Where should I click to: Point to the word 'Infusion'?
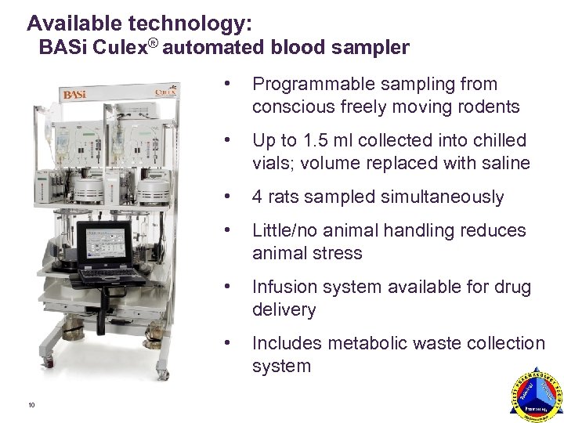coord(283,288)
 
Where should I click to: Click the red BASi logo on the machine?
coord(75,95)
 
